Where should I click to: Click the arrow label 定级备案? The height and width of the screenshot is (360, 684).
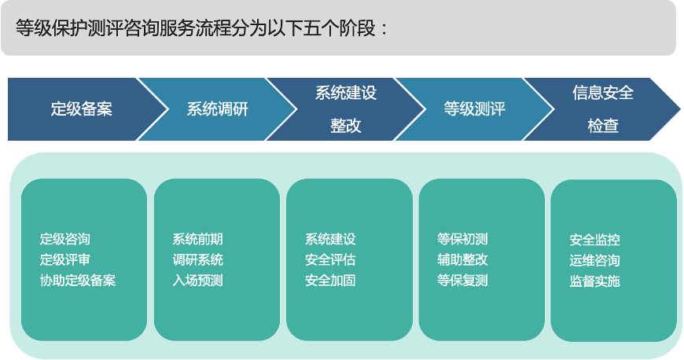click(82, 109)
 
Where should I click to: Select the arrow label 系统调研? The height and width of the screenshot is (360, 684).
click(217, 109)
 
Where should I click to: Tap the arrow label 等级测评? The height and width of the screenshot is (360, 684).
click(475, 109)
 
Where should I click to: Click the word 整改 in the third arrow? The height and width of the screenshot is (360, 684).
click(345, 126)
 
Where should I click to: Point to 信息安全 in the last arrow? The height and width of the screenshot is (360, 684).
click(603, 93)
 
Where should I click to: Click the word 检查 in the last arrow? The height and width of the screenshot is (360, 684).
click(603, 126)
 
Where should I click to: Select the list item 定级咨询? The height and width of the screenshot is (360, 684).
click(65, 239)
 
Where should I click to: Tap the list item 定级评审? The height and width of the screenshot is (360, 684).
click(65, 259)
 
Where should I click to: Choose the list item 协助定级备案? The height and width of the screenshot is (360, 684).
click(78, 280)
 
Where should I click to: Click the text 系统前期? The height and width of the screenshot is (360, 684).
click(197, 239)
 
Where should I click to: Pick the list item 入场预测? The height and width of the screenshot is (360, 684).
click(197, 280)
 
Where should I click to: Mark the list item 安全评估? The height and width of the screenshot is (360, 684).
click(330, 259)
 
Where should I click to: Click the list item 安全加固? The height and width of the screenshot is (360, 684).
click(330, 280)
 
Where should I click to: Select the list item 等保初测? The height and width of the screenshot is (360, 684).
click(462, 239)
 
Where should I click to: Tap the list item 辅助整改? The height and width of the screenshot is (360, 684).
click(462, 259)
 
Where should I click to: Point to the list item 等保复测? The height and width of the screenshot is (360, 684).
click(462, 280)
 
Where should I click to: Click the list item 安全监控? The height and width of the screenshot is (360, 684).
click(594, 240)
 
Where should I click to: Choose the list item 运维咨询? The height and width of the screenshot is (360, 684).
click(594, 260)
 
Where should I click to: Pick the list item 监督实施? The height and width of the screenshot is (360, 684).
click(594, 281)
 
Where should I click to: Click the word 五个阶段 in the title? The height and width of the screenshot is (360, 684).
click(339, 28)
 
